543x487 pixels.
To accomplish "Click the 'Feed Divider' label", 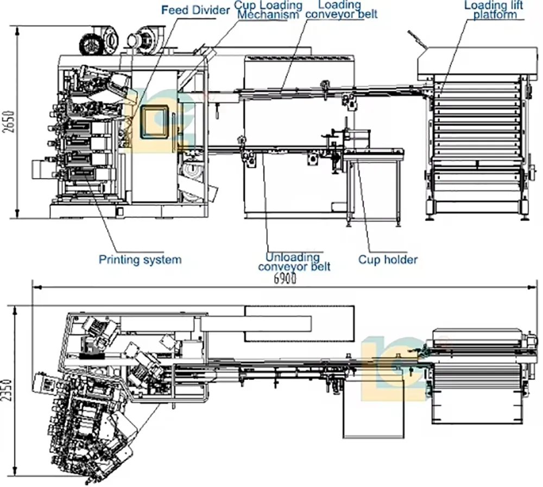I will (x=188, y=10).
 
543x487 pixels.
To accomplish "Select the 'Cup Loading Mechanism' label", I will (x=268, y=10).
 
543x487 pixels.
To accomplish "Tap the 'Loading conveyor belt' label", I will (x=341, y=9).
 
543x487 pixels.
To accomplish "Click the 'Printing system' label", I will (x=140, y=260).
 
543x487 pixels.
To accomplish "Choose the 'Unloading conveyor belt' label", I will (x=294, y=261).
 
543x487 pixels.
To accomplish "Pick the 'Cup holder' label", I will (x=388, y=260).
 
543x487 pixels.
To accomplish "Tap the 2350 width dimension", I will (x=7, y=389).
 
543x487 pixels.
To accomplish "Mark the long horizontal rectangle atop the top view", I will (x=299, y=324).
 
